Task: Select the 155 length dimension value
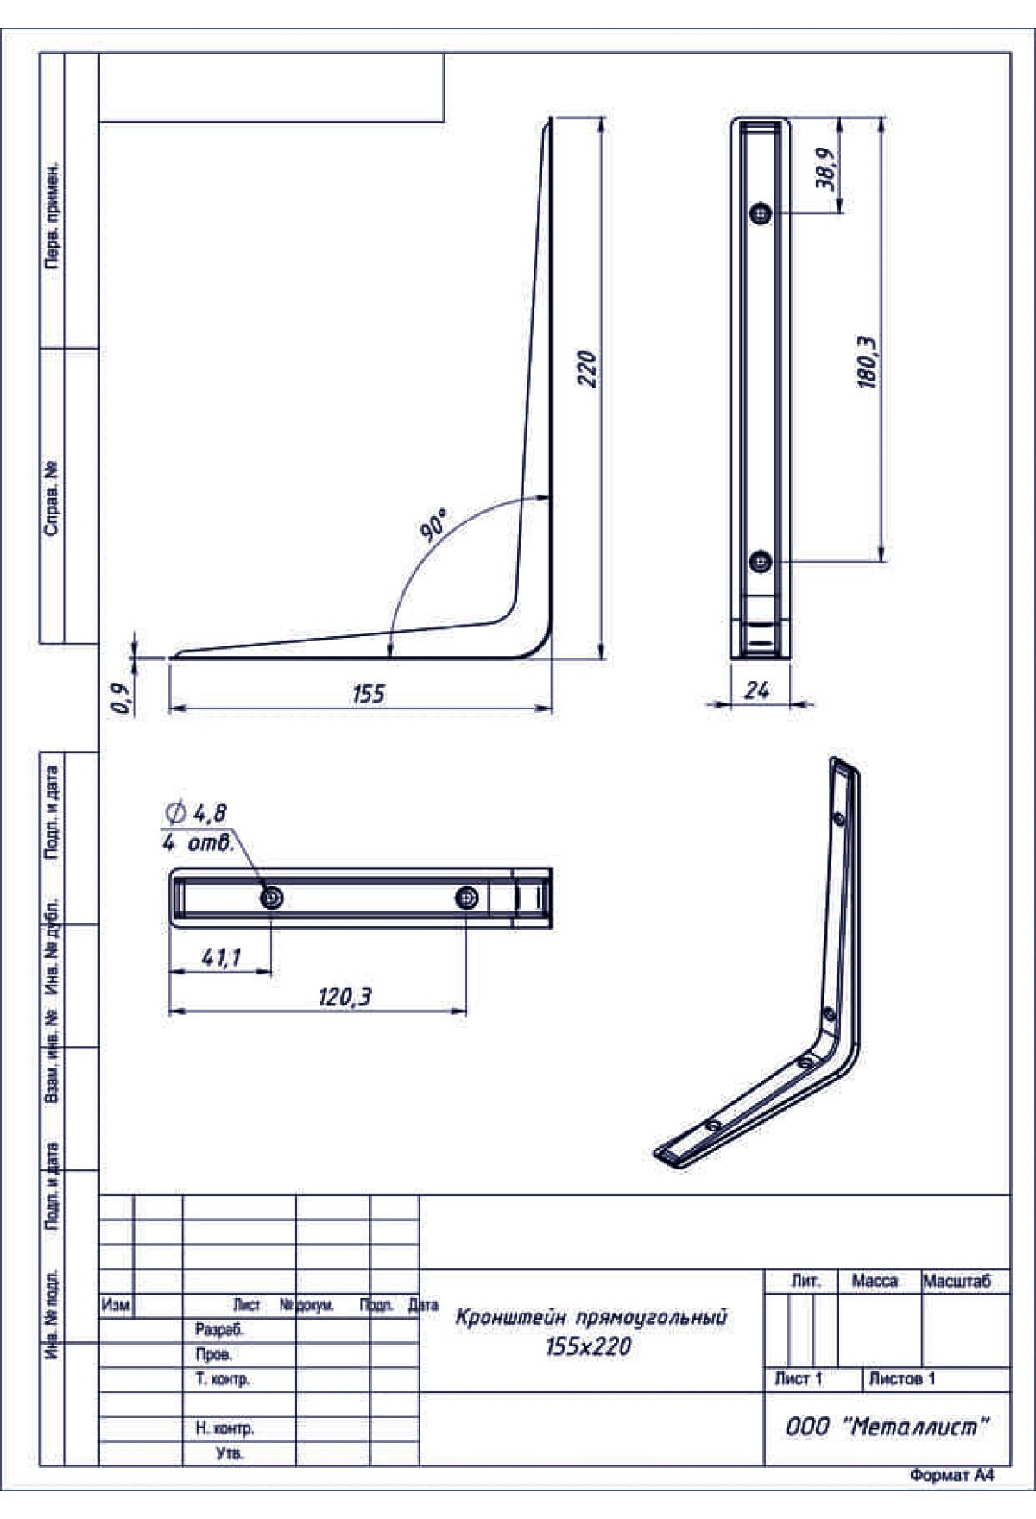369,694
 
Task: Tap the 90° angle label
434,526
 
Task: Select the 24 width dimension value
756,690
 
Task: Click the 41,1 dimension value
221,957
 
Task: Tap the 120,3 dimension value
344,997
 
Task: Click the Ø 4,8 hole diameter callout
197,813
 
